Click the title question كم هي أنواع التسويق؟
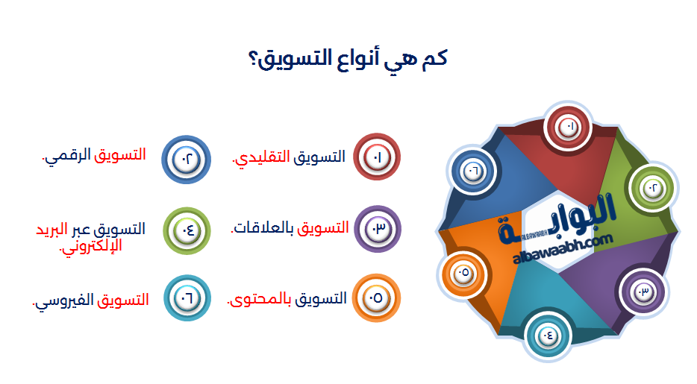(x=348, y=59)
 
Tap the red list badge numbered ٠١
(x=377, y=158)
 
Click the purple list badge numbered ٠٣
(x=377, y=228)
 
